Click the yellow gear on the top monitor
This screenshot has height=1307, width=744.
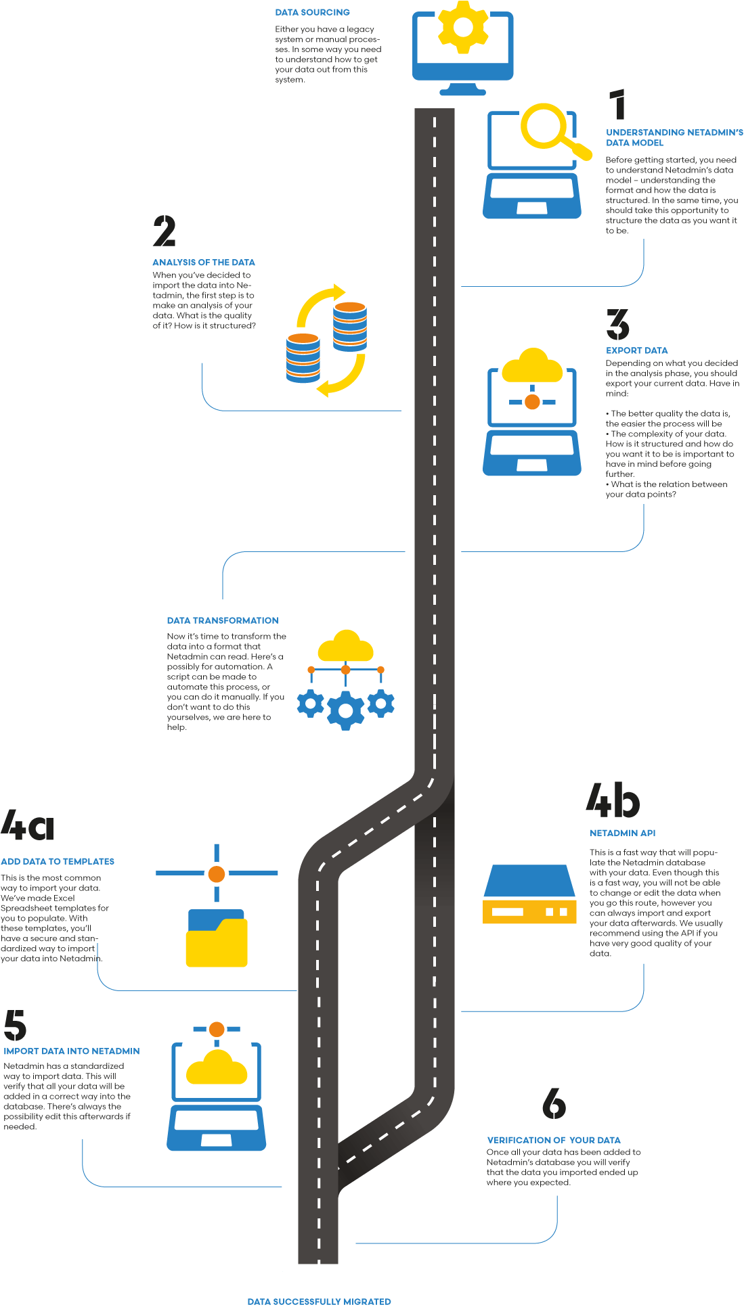click(x=463, y=27)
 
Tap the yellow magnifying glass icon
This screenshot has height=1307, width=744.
click(x=548, y=129)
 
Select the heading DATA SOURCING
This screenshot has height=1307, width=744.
click(x=312, y=12)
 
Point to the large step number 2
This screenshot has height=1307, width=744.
click(x=164, y=231)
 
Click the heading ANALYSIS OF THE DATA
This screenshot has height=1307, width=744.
click(x=204, y=262)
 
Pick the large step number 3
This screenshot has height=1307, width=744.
click(x=617, y=325)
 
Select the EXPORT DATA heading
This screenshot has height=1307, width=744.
click(x=636, y=350)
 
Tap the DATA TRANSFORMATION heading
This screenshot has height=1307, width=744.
click(x=223, y=620)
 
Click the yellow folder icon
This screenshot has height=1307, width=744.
click(x=217, y=939)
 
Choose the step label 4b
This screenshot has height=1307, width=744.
click(x=613, y=800)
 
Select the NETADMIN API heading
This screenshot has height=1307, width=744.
click(x=622, y=833)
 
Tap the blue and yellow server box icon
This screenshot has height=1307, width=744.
click(x=529, y=894)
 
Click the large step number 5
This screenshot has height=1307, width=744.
click(x=15, y=1026)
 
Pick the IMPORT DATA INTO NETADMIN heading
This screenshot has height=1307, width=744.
click(x=72, y=1051)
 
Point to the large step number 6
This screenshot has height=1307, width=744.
click(x=554, y=1103)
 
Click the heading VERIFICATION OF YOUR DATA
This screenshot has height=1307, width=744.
click(x=554, y=1140)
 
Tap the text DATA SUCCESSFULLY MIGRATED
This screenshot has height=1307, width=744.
click(x=319, y=1301)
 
